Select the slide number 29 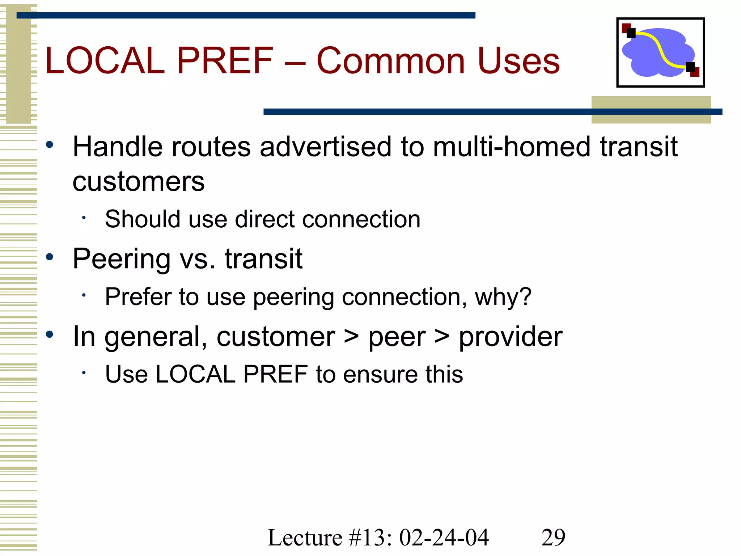click(553, 537)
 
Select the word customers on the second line click(138, 182)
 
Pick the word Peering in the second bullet click(122, 259)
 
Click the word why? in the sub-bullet click(503, 297)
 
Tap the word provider click(510, 337)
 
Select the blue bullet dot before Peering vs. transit click(50, 257)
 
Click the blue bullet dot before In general click(50, 334)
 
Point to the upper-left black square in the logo click(631, 33)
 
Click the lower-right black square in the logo click(690, 67)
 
